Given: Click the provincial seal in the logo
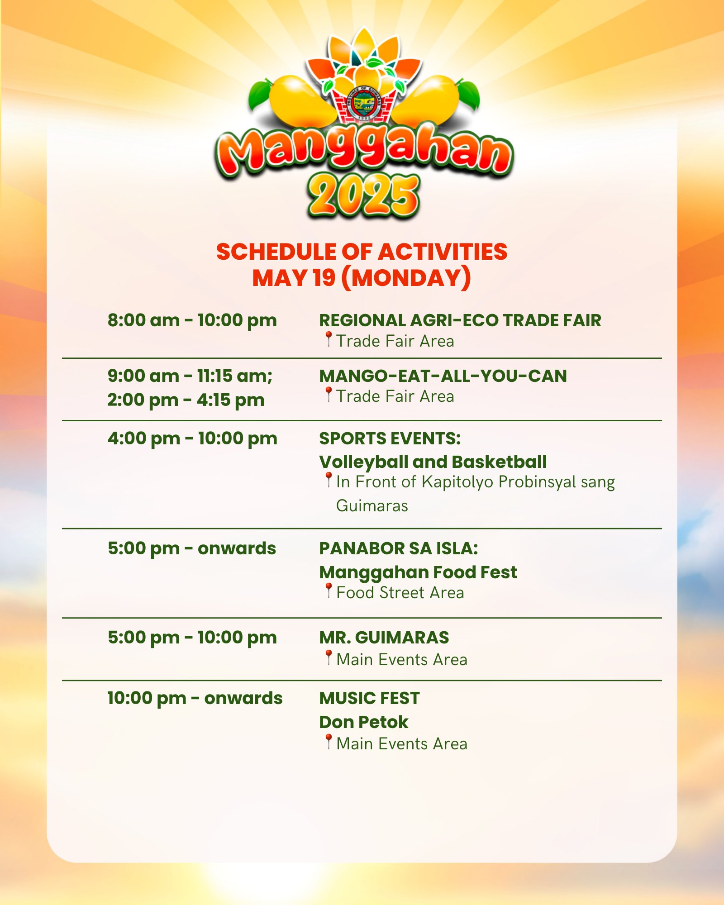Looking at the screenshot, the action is (x=363, y=103).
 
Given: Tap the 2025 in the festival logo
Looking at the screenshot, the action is (x=363, y=195).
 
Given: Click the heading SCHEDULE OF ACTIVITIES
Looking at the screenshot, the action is (x=362, y=252).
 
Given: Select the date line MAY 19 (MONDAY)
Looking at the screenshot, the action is (x=362, y=278).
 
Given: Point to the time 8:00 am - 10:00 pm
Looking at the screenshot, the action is (x=192, y=320).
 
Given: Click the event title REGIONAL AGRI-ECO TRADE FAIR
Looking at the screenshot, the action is (x=460, y=320).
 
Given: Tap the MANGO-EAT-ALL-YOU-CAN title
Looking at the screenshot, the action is (x=443, y=376).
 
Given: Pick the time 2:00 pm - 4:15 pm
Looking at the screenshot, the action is (x=186, y=400).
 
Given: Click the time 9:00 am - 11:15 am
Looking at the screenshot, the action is (x=190, y=376).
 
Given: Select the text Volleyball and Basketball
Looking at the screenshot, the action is (x=433, y=462).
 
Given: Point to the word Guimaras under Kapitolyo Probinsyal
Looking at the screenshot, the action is (x=372, y=505).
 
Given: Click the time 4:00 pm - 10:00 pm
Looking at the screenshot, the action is (x=192, y=438).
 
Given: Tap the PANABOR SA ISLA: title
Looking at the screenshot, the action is (x=399, y=548).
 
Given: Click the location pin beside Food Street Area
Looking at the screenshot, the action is (x=329, y=591).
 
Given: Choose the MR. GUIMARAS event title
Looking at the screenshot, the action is (x=384, y=638).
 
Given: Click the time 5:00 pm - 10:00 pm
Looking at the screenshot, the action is (x=192, y=638).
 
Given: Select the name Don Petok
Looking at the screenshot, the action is (x=364, y=722).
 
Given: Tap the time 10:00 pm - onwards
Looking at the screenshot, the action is (x=195, y=698).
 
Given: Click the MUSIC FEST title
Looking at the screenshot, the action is (x=369, y=698).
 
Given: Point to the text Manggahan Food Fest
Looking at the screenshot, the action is (x=418, y=572).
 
